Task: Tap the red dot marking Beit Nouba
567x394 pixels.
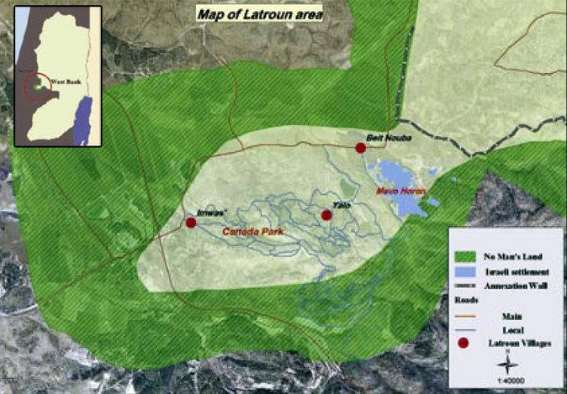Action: click(x=361, y=148)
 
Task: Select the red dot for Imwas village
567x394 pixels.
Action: click(x=191, y=223)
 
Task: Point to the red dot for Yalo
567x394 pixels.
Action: click(x=326, y=216)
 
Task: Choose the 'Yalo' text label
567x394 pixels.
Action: click(x=340, y=204)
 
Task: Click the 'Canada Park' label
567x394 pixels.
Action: click(x=252, y=231)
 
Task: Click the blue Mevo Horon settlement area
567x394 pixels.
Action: click(x=395, y=176)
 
